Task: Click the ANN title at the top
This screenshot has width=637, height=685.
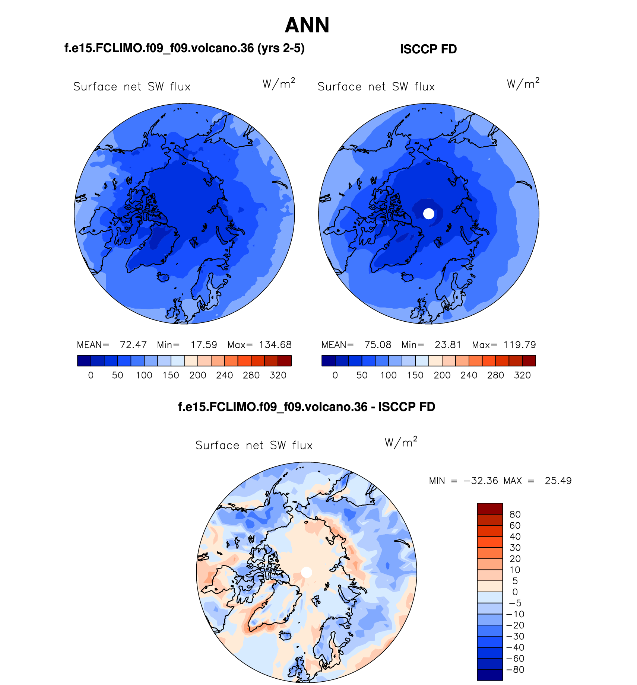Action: point(307,25)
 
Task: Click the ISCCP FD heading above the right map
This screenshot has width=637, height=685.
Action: point(428,49)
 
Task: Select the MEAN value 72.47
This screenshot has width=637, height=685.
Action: point(133,345)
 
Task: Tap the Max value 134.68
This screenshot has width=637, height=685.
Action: point(275,345)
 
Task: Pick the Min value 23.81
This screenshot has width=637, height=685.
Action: point(448,345)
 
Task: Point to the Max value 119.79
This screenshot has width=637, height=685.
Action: point(520,345)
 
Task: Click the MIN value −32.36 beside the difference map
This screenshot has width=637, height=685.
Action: point(481,481)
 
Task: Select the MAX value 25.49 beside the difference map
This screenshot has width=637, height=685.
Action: point(558,481)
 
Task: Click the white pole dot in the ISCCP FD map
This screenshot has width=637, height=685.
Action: point(429,214)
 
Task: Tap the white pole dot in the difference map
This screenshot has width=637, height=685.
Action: point(306,572)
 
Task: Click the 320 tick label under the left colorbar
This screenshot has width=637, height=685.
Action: point(278,375)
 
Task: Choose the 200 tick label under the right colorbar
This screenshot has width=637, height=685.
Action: point(442,375)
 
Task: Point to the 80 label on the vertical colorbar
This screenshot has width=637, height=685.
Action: point(515,514)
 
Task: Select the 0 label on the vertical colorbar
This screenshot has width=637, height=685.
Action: point(515,592)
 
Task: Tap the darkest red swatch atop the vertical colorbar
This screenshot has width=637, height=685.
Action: point(490,509)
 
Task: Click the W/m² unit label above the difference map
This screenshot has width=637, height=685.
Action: point(401,442)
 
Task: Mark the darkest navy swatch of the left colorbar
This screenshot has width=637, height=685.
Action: point(84,361)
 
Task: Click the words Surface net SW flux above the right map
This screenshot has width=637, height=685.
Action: point(376,87)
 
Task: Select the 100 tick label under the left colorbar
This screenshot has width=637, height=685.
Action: point(144,375)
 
